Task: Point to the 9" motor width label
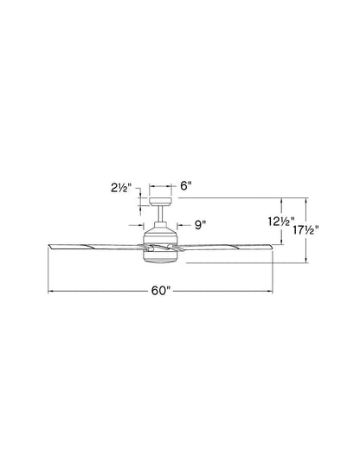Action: coord(199,225)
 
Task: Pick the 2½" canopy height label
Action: coord(122,184)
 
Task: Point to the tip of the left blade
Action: coord(48,247)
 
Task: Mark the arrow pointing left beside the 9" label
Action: coord(181,225)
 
